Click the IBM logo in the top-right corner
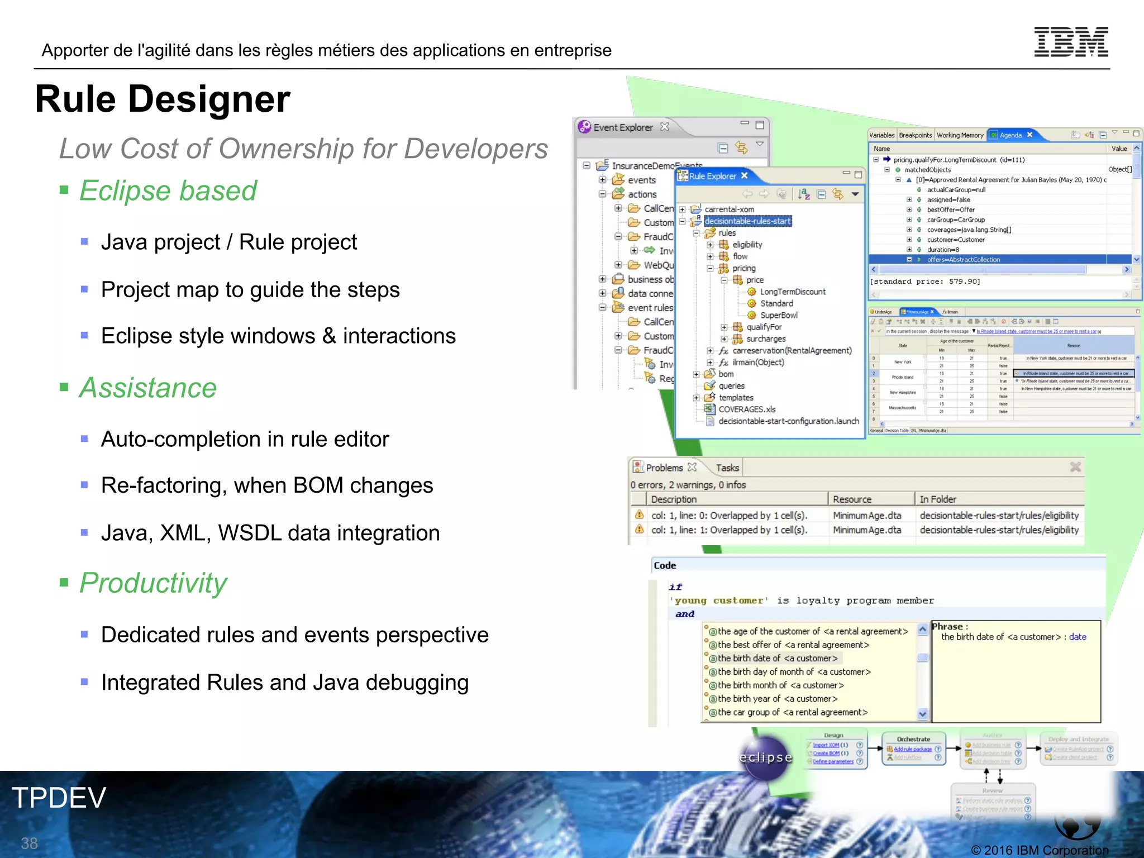(x=1071, y=42)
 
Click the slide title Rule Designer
(x=163, y=99)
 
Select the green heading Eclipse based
(x=168, y=191)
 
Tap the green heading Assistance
(x=147, y=388)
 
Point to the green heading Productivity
(x=153, y=583)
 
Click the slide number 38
(x=29, y=843)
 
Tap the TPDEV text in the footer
(x=59, y=798)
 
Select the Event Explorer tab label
(x=622, y=127)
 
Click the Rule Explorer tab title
(x=712, y=176)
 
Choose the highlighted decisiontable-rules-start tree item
(x=747, y=221)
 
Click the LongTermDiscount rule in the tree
(x=792, y=292)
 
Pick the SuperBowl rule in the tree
(x=779, y=315)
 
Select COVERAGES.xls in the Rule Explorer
(x=747, y=409)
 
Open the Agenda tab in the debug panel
(x=1010, y=135)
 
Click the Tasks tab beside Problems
(x=727, y=468)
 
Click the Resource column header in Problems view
(x=852, y=499)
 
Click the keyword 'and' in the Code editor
(x=685, y=614)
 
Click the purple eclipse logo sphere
(x=766, y=757)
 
